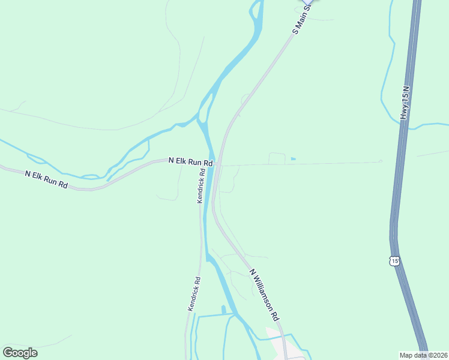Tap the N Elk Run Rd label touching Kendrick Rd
tap(191, 161)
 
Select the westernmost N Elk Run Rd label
tap(46, 179)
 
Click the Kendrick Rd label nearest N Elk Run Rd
tap(202, 186)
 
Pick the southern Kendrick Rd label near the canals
tap(193, 293)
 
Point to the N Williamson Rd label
tap(265, 294)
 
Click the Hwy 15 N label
tap(406, 106)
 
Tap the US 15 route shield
tap(394, 260)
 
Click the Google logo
tap(20, 353)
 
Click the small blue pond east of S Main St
tap(292, 158)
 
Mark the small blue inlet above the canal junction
tap(223, 310)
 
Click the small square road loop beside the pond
tap(276, 158)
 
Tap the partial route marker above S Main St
tap(310, 2)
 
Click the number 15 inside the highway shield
tap(394, 260)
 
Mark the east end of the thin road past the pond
tap(381, 161)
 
